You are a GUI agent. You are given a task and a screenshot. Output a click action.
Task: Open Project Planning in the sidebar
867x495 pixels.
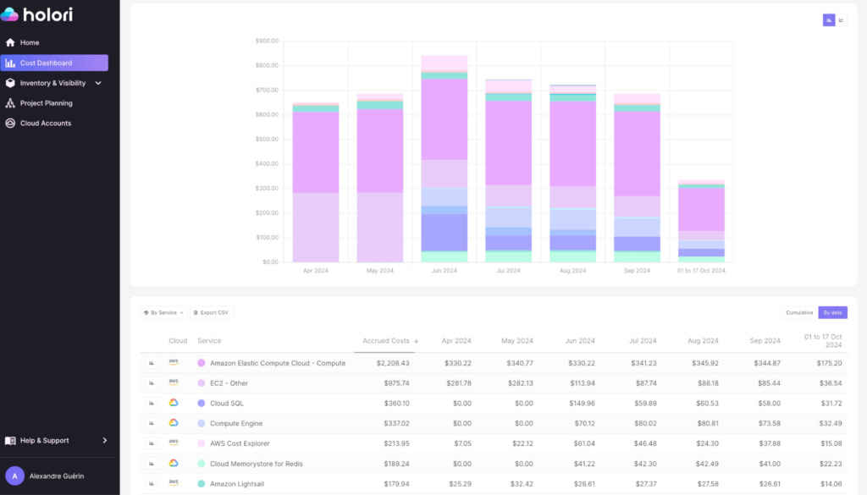point(46,103)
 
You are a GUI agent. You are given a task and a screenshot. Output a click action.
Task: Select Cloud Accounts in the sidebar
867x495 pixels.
point(45,124)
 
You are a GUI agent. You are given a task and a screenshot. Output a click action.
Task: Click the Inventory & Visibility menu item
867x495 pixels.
point(52,83)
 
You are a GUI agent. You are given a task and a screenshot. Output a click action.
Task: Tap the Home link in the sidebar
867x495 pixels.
point(30,42)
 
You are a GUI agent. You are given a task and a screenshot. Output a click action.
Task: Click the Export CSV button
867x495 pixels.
point(211,312)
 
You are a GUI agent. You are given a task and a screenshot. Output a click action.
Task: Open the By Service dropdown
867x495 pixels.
point(163,312)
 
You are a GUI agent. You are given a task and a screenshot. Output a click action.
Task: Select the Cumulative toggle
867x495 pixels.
point(799,312)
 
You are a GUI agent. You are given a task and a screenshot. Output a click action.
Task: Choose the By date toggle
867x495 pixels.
point(832,312)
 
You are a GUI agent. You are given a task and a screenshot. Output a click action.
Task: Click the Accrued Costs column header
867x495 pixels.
point(386,341)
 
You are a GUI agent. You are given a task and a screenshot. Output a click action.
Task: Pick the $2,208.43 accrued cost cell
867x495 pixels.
point(393,363)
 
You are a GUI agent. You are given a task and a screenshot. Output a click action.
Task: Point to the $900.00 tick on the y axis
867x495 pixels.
point(267,41)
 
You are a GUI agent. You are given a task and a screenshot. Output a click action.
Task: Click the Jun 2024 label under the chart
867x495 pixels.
point(445,271)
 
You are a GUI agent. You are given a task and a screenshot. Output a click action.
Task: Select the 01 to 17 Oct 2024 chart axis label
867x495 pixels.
point(701,271)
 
